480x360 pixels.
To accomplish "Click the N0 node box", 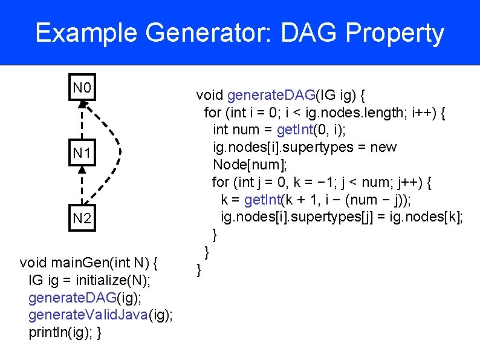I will (x=82, y=89).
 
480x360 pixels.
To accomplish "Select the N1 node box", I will (x=82, y=154).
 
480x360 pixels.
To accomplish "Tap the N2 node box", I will (x=82, y=218).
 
